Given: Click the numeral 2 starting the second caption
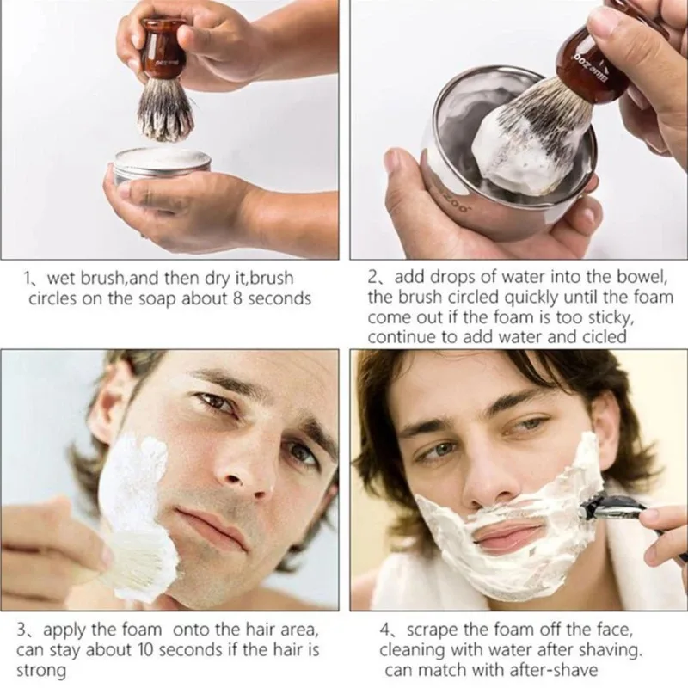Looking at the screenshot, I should [372, 279].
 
